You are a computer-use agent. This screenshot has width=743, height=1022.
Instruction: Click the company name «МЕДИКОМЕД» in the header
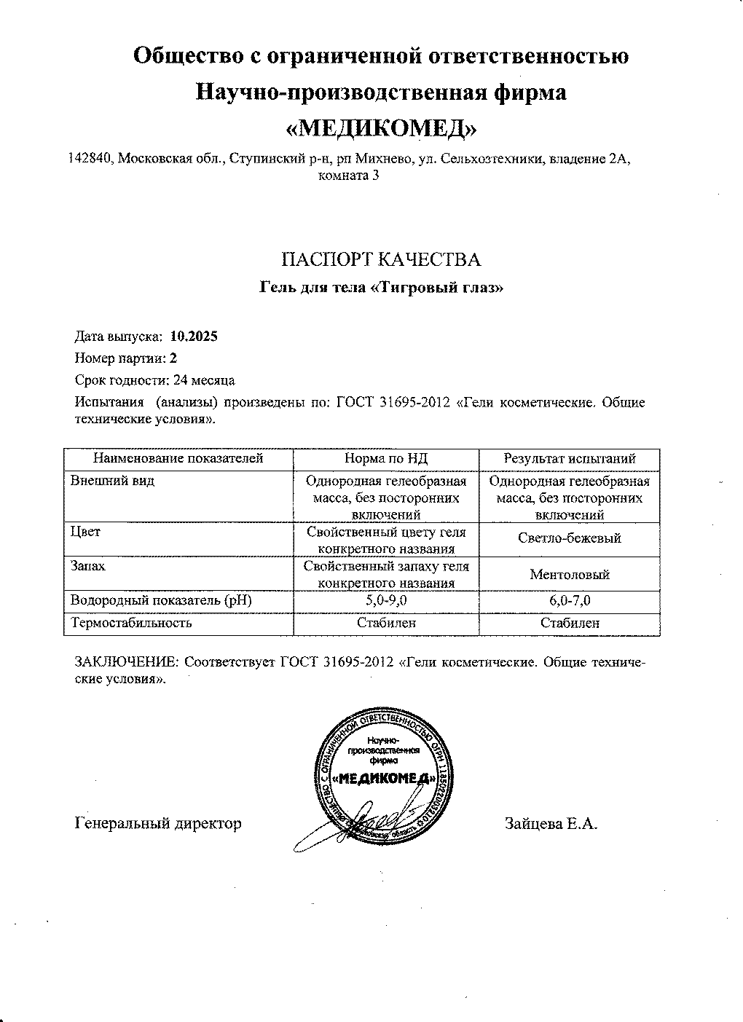pos(382,128)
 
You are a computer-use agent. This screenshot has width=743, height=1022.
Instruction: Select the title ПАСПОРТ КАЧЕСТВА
pos(381,260)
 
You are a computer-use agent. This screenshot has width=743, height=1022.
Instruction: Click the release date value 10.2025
pos(194,337)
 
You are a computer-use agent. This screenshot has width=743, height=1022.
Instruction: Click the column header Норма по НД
pos(385,459)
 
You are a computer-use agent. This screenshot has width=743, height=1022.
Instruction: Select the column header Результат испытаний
pos(570,459)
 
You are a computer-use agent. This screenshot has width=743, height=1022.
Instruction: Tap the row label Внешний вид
pos(112,481)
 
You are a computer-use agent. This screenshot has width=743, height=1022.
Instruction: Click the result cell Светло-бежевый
pos(570,539)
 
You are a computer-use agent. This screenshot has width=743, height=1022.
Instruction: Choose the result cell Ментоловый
pos(570,575)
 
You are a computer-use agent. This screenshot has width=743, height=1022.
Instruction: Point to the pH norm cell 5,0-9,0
pos(385,601)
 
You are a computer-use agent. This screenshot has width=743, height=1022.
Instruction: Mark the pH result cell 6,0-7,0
pos(570,601)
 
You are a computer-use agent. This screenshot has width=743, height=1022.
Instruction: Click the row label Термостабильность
pos(131,623)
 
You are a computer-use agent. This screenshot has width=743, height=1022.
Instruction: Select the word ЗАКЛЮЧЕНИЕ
pos(127,664)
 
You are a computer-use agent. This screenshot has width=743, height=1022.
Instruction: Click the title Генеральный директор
pos(158,824)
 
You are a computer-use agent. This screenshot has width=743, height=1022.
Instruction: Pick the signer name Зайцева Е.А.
pos(551,824)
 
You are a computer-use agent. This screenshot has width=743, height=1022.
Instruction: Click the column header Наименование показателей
pos(178,459)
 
